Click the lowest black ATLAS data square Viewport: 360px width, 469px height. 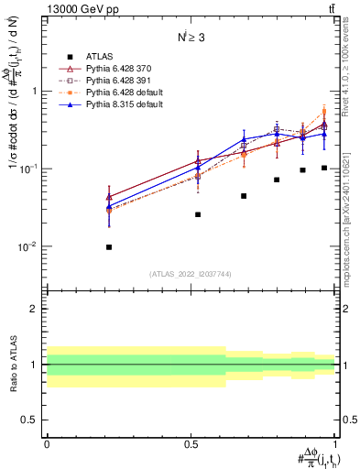[109, 247]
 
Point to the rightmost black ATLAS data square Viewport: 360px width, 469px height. [324, 168]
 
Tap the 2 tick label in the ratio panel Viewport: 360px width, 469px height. [34, 309]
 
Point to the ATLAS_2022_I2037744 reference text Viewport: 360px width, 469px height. [190, 274]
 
